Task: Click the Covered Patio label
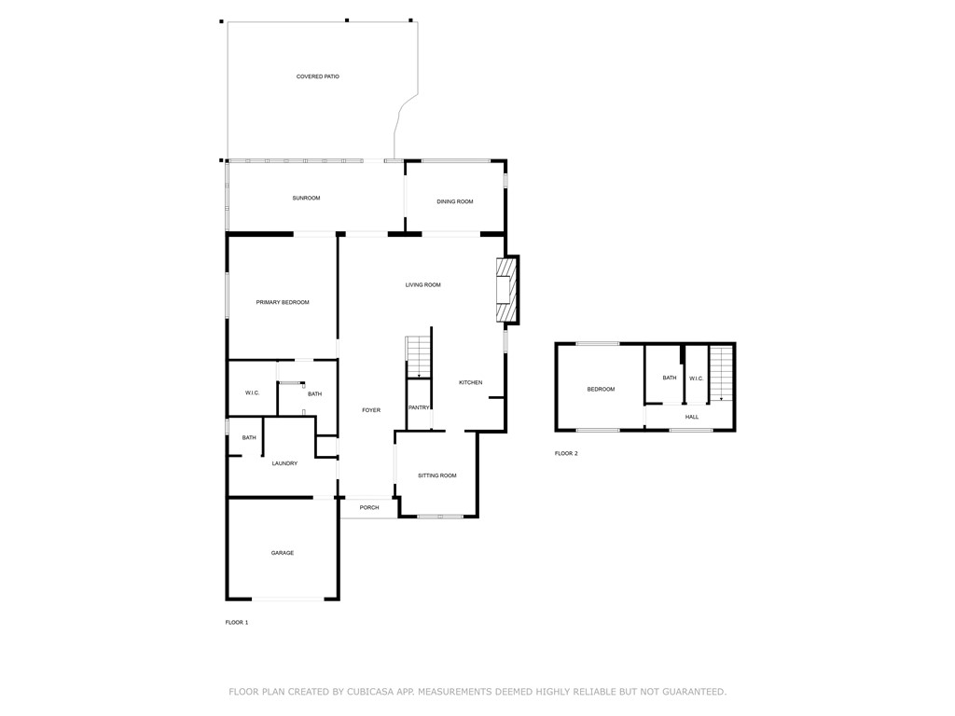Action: [317, 76]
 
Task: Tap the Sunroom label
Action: [306, 198]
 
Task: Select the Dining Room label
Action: [455, 201]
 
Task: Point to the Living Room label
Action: [422, 284]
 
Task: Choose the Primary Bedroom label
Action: [283, 302]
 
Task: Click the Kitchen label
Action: [470, 382]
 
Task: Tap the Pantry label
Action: [419, 407]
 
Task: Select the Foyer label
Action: [371, 410]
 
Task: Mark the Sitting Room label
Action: [436, 475]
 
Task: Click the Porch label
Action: [369, 507]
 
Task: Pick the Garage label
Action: [283, 553]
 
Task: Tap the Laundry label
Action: [284, 463]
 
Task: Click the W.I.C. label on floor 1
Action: [253, 393]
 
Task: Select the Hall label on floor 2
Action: [692, 417]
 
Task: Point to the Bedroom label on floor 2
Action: [601, 389]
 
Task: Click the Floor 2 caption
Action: [566, 453]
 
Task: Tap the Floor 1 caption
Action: [237, 622]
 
